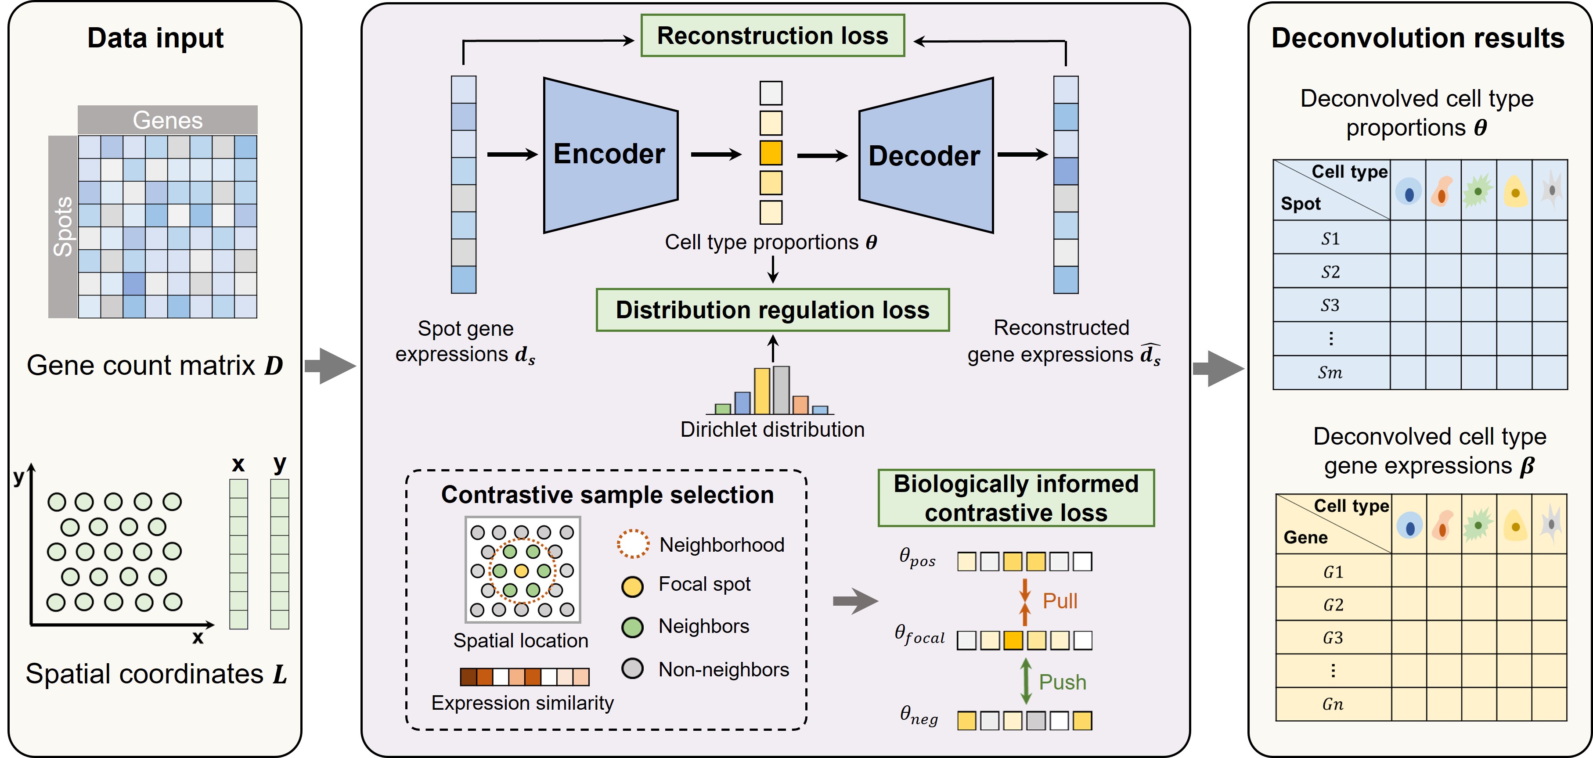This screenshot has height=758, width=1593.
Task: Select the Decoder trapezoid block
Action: click(x=925, y=156)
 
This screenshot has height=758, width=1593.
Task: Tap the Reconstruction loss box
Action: click(x=772, y=36)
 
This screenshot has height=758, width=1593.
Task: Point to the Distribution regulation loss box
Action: click(x=772, y=310)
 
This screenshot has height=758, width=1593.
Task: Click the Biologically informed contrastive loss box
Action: click(x=1016, y=498)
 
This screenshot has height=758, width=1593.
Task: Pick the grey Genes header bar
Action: click(x=168, y=120)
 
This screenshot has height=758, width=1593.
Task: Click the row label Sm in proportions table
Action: click(x=1330, y=373)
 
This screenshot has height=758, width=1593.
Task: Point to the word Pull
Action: click(x=1060, y=601)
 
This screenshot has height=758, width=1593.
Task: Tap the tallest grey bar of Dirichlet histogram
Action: click(x=781, y=390)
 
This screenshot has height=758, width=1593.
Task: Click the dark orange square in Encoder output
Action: click(x=771, y=153)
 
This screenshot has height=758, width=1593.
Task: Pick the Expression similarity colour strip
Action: click(x=524, y=677)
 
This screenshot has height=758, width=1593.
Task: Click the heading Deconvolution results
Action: click(x=1417, y=38)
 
